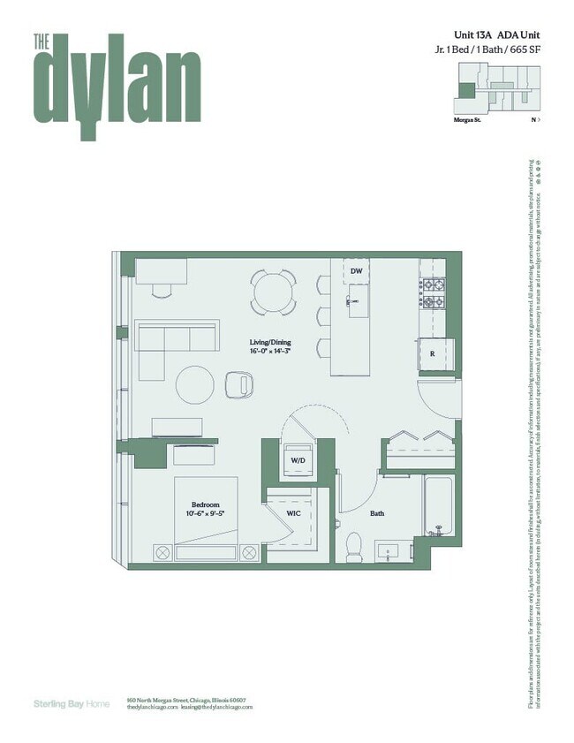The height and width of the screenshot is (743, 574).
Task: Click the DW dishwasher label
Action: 356,271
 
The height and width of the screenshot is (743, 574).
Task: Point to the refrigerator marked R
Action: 432,353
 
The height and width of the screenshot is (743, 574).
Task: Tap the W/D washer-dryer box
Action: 298,459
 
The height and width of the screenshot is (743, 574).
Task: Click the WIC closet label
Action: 295,512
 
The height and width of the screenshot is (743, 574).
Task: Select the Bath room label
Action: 377,512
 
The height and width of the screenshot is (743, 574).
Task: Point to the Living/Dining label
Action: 269,342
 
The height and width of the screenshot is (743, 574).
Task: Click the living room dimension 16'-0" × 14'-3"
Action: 269,352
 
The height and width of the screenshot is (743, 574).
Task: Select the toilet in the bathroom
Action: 352,546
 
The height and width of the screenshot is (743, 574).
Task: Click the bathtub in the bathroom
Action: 438,507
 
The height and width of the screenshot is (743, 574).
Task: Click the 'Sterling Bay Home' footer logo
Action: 71,703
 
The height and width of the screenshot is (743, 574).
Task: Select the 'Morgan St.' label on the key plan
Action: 466,118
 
